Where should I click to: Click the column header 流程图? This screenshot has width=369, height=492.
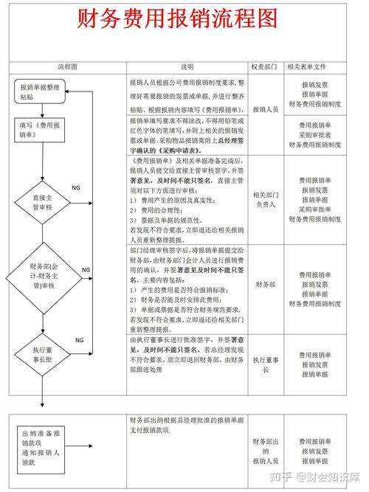[67, 66]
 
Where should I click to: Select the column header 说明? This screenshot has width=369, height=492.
[187, 66]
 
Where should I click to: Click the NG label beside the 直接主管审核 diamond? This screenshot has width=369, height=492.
[76, 188]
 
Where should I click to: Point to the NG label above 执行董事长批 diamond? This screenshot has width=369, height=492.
[79, 339]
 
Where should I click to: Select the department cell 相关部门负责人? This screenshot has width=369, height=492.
[263, 199]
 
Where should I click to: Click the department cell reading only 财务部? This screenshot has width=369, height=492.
[263, 284]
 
